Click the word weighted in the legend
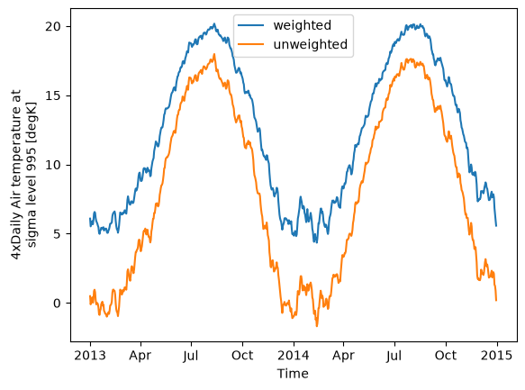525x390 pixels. click(302, 25)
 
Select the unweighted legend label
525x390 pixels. click(311, 44)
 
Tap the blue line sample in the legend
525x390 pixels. click(250, 25)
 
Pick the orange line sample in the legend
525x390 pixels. click(250, 44)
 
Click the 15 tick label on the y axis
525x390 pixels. click(53, 95)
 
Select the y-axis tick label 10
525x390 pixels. click(53, 165)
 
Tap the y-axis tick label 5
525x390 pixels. click(58, 234)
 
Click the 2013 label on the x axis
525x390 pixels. click(90, 356)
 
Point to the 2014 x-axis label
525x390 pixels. click(294, 356)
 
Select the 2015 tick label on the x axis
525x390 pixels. click(496, 356)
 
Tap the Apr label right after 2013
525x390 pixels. click(140, 356)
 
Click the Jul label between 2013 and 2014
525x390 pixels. click(191, 356)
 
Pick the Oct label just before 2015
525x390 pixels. click(446, 356)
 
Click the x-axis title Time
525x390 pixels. click(293, 374)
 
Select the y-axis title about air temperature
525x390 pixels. click(23, 175)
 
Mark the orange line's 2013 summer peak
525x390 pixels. click(214, 54)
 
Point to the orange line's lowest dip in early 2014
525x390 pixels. click(317, 326)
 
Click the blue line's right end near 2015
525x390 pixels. click(496, 226)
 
